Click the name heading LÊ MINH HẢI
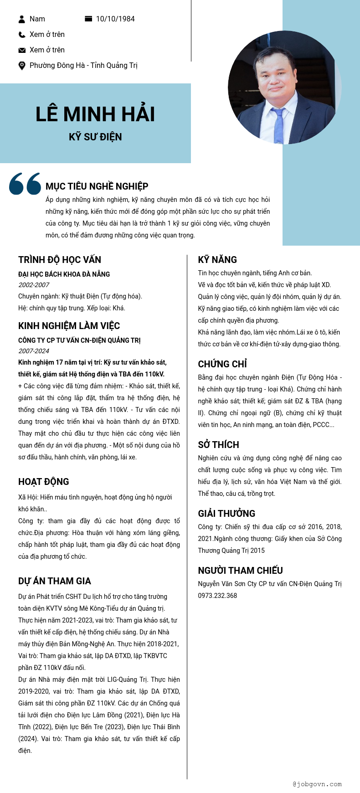pyautogui.click(x=95, y=114)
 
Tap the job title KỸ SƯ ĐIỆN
pyautogui.click(x=95, y=137)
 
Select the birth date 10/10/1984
pyautogui.click(x=115, y=19)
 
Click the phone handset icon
pyautogui.click(x=22, y=35)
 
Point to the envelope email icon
pyautogui.click(x=22, y=50)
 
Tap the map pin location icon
pyautogui.click(x=22, y=66)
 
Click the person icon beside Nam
pyautogui.click(x=22, y=19)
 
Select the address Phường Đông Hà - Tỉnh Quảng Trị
pyautogui.click(x=83, y=65)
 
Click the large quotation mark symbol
pyautogui.click(x=25, y=183)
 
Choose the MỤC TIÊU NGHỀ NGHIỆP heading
pyautogui.click(x=97, y=186)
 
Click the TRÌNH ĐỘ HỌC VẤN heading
pyautogui.click(x=60, y=260)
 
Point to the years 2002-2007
pyautogui.click(x=34, y=285)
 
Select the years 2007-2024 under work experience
pyautogui.click(x=34, y=351)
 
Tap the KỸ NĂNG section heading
pyautogui.click(x=217, y=260)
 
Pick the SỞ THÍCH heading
pyautogui.click(x=218, y=445)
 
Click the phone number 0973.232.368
pyautogui.click(x=217, y=596)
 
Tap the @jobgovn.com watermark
pyautogui.click(x=317, y=784)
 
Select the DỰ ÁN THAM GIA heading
pyautogui.click(x=55, y=581)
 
